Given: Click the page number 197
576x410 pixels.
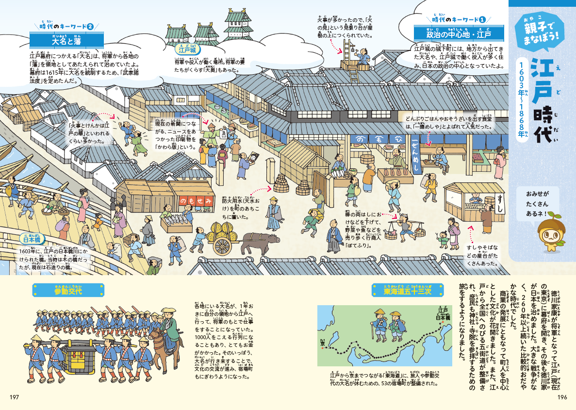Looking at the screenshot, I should tap(14, 397).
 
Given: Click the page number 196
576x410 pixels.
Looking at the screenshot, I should tap(562, 397).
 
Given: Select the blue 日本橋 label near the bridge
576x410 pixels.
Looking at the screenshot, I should tap(33, 239).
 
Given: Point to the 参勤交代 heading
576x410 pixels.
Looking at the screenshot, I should tap(68, 291).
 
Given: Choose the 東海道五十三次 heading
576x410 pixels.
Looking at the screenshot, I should tap(407, 291).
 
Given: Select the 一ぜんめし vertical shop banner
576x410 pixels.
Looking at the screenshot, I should tap(415, 152).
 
